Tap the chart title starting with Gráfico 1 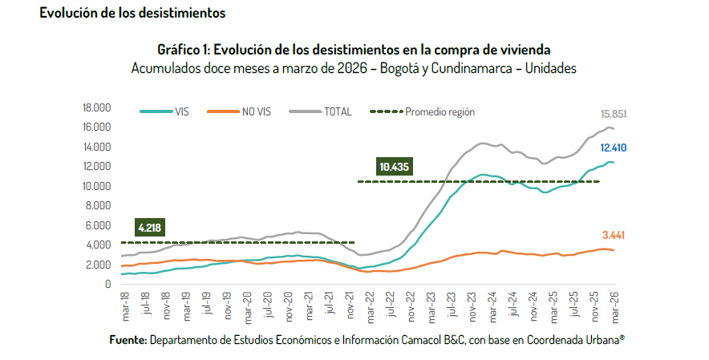(354, 51)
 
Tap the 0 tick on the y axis (107, 284)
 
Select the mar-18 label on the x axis (125, 307)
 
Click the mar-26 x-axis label (614, 307)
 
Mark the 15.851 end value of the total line (614, 115)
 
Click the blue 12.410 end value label (614, 148)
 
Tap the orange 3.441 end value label (614, 235)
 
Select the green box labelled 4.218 (149, 228)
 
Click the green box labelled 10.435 (393, 167)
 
